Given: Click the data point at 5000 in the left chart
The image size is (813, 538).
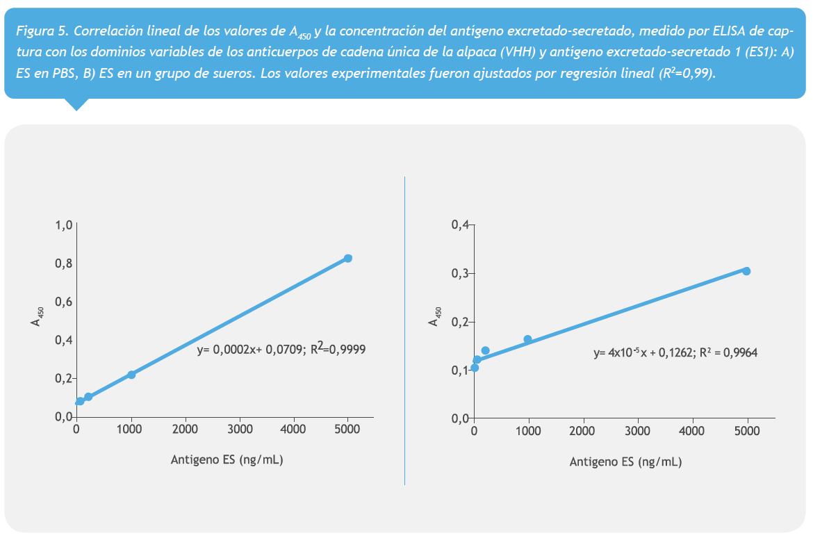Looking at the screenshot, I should click(348, 258).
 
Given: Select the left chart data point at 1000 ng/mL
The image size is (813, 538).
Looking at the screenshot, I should click(131, 375).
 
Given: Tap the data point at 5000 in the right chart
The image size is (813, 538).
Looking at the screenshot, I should click(746, 271).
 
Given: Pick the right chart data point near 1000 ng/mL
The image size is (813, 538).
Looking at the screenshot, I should click(527, 339).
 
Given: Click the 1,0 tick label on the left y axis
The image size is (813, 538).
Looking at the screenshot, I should click(64, 225).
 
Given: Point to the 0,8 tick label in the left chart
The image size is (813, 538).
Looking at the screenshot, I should click(64, 263).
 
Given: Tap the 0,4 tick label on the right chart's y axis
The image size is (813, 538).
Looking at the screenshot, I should click(461, 225).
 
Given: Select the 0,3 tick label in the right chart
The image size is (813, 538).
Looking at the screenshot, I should click(461, 273).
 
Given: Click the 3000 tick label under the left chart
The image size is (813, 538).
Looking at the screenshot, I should click(240, 430).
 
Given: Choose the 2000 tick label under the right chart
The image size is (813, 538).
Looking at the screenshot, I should click(582, 431).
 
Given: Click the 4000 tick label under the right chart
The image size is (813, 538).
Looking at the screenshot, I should click(691, 431).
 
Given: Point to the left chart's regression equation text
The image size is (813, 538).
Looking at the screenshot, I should click(281, 350).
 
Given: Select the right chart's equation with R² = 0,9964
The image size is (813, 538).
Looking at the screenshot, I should click(675, 352).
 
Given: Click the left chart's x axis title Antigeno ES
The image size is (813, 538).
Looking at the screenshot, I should click(227, 459).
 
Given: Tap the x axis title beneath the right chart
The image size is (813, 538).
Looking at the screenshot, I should click(625, 462).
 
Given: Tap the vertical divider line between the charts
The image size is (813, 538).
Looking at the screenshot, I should click(404, 330).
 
